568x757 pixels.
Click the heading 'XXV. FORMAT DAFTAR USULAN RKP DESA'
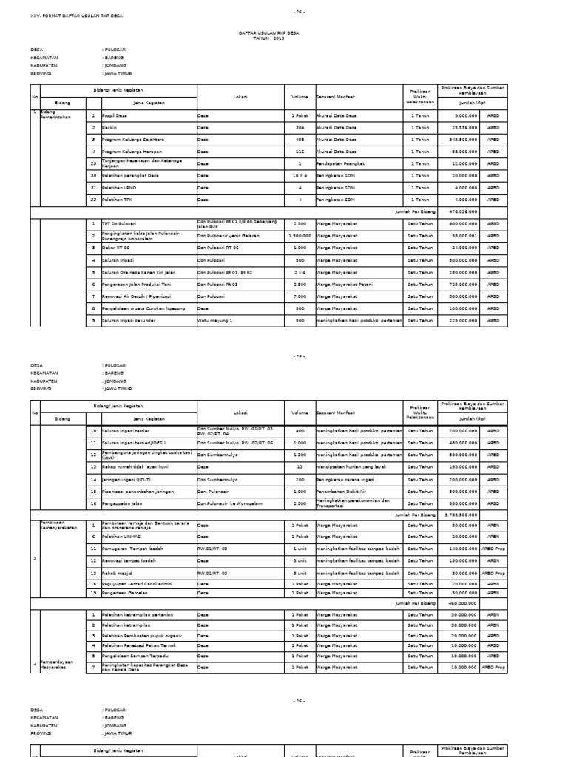click(75, 16)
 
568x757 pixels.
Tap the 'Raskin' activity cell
click(109, 128)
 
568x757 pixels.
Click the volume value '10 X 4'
click(300, 176)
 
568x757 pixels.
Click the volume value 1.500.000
click(300, 236)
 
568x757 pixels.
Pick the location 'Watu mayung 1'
click(215, 320)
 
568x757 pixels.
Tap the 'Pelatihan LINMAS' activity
click(120, 537)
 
